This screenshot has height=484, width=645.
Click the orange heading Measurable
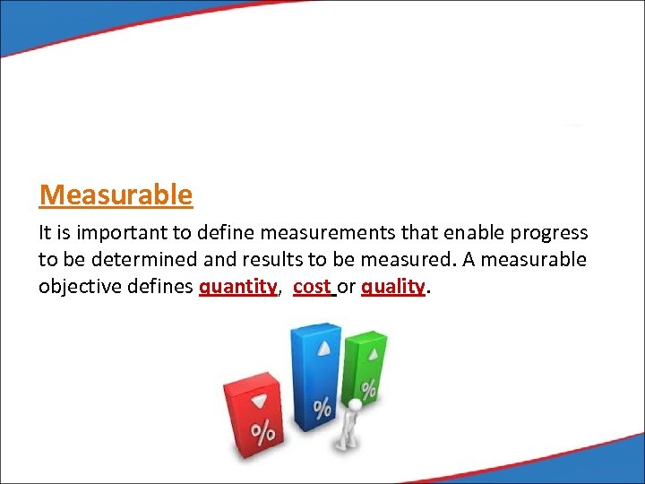(x=116, y=194)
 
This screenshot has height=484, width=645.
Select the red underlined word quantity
(x=237, y=286)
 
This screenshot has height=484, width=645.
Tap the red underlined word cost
(x=312, y=286)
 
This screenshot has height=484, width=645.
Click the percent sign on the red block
(x=262, y=435)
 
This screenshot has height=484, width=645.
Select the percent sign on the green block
(x=368, y=390)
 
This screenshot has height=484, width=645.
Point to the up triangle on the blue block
(x=324, y=349)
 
